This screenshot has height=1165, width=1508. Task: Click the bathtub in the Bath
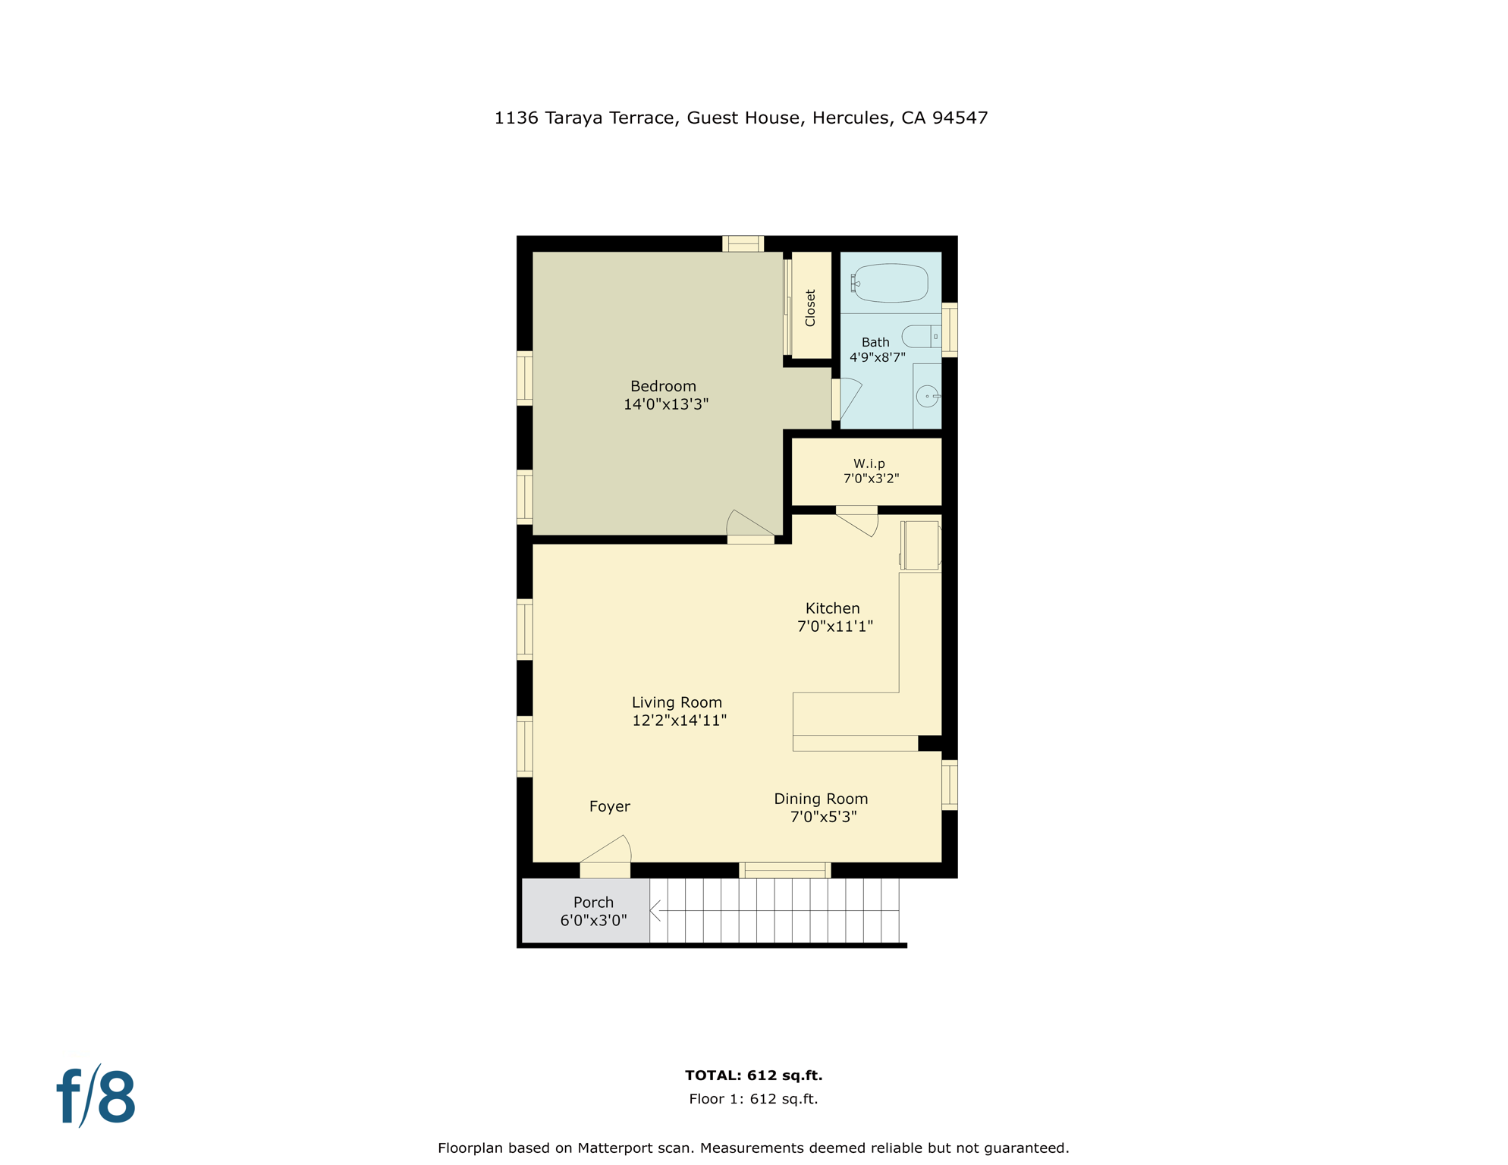coord(891,283)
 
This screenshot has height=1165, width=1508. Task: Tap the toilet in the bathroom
coord(919,336)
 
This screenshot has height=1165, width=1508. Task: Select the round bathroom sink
coord(927,396)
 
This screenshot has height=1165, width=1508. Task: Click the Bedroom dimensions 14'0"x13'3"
coord(665,404)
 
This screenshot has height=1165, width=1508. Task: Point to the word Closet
coord(810,308)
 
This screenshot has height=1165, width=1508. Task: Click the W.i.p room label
coord(869,463)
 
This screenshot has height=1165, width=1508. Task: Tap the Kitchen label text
coord(832,608)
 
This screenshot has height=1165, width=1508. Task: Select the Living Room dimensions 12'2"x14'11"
coord(679,721)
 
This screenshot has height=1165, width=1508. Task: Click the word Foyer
coord(609,806)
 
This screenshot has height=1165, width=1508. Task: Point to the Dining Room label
coord(820,799)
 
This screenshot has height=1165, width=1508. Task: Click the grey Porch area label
coord(593,903)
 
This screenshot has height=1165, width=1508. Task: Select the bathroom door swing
coord(850,396)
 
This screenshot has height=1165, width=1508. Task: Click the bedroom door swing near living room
coord(747,523)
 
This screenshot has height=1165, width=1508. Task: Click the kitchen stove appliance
coord(920,545)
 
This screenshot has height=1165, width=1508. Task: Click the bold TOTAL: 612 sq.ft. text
coord(753,1075)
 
